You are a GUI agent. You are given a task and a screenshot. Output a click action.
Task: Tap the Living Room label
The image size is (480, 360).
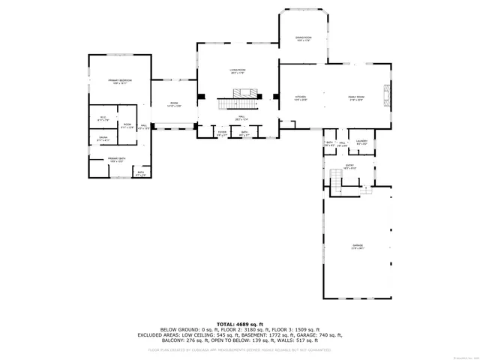tap(238, 71)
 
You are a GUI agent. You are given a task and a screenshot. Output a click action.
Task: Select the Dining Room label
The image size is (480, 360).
tap(303, 39)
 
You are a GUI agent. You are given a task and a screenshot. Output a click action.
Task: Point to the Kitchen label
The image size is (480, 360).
tap(301, 97)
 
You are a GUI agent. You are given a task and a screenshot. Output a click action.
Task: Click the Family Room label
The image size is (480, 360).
tap(355, 97)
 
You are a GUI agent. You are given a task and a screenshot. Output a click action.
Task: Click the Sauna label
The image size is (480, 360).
tap(103, 138)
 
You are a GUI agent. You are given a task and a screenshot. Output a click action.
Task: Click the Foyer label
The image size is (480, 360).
tap(222, 133)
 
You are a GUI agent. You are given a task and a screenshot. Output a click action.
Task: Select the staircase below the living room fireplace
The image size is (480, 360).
tap(238, 103)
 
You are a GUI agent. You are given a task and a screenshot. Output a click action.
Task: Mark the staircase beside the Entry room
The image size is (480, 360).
tap(336, 178)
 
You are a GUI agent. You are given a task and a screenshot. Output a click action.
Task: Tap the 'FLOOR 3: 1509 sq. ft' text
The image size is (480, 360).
tap(297, 330)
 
